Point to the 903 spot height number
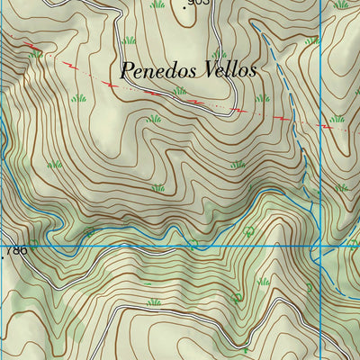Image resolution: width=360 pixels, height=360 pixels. click(200, 4)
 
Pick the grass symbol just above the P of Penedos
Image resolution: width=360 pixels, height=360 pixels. click(130, 40)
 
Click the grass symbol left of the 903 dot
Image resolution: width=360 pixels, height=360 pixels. click(158, 4)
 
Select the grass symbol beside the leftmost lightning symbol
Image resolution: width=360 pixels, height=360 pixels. click(37, 55)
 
